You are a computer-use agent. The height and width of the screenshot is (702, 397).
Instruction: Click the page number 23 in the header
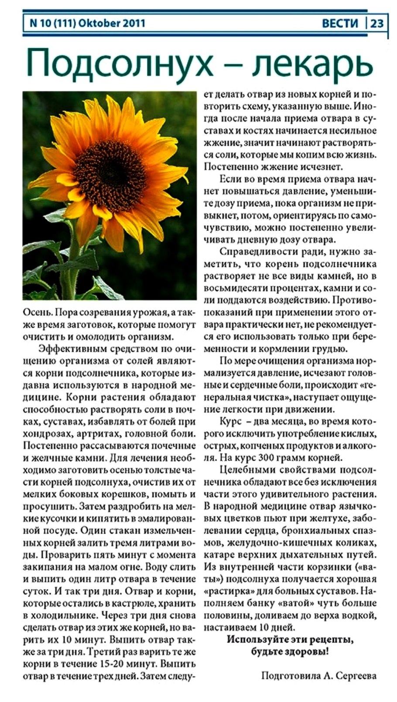click(x=378, y=23)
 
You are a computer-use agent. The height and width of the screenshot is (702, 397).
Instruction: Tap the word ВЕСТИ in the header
click(x=340, y=23)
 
